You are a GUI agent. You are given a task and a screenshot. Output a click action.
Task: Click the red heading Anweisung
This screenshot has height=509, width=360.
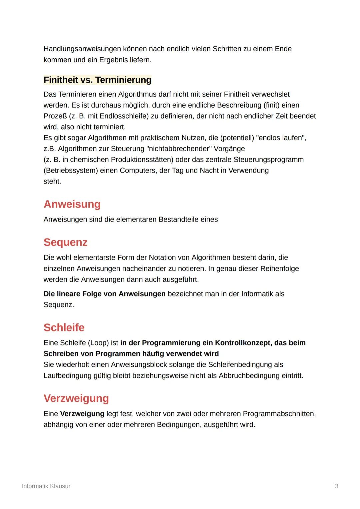tap(72, 204)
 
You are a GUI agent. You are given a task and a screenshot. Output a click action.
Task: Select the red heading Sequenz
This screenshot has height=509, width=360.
tap(65, 242)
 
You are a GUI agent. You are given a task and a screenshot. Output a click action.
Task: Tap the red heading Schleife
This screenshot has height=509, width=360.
tap(64, 327)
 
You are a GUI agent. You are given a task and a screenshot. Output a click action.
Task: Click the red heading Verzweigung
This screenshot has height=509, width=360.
tap(76, 398)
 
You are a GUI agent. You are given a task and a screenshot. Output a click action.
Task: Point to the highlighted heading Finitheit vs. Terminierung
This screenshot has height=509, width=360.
tap(97, 80)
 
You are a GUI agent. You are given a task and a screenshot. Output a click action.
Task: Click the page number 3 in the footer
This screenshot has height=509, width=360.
tap(336, 486)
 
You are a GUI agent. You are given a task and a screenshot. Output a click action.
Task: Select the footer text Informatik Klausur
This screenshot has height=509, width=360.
tap(46, 486)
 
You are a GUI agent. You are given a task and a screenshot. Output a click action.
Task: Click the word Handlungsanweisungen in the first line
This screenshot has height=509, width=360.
tap(82, 49)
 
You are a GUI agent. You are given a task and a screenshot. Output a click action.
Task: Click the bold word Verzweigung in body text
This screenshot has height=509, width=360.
tap(82, 414)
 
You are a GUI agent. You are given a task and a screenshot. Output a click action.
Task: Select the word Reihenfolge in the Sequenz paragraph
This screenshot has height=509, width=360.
tap(278, 268)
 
